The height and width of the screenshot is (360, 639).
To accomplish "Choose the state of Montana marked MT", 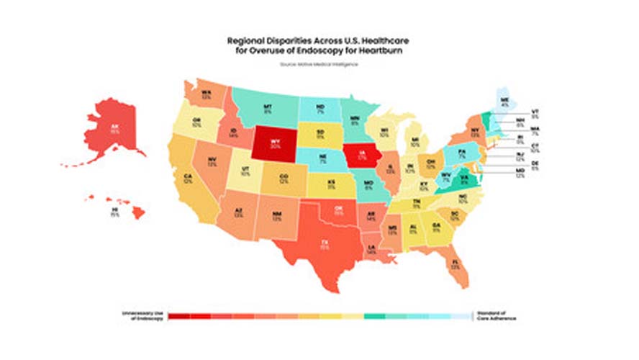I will pyautogui.click(x=268, y=109).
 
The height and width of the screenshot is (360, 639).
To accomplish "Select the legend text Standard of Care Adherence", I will pyautogui.click(x=494, y=315).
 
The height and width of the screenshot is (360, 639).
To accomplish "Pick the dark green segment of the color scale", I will pyautogui.click(x=374, y=315).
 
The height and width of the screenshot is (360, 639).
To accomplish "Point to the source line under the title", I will pyautogui.click(x=319, y=65).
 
